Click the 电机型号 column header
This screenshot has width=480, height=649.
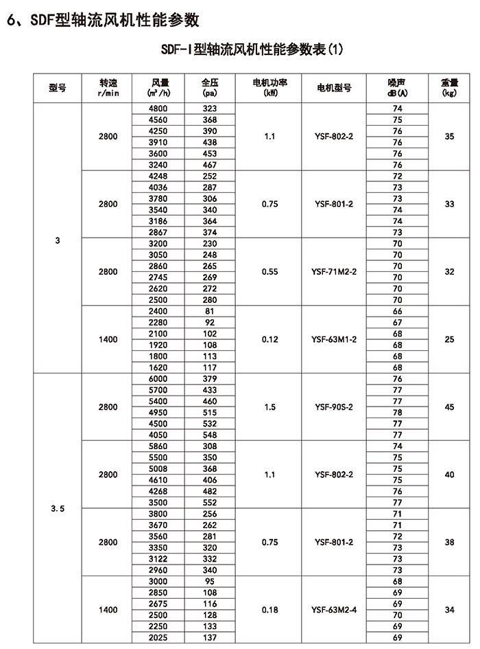pos(335,87)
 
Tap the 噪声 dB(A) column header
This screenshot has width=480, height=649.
pos(397,87)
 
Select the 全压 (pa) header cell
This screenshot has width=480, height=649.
pos(210,87)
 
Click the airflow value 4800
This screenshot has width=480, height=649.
pos(158,109)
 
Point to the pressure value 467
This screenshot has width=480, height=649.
pos(210,165)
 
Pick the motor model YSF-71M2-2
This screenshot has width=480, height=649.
pos(335,272)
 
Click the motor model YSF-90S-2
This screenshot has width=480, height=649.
pos(335,407)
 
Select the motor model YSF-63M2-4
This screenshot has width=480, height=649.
pos(335,610)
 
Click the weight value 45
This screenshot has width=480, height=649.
pos(449,407)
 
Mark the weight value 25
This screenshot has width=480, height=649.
pos(449,339)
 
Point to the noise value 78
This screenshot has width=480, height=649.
pos(397,413)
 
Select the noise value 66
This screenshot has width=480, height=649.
pos(397,311)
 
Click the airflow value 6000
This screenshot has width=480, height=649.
pos(158,379)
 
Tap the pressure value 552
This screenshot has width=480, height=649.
pos(210,503)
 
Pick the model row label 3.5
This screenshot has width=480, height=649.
pos(58,509)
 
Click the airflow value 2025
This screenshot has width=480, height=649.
pos(158,638)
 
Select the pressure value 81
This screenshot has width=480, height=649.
pos(210,311)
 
